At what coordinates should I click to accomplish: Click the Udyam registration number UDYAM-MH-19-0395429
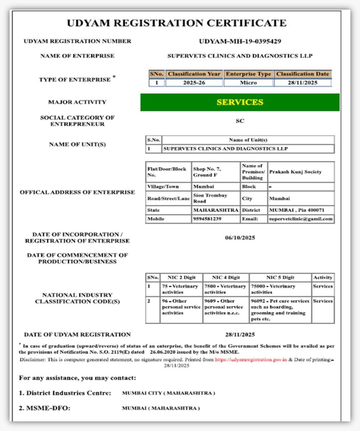(240, 41)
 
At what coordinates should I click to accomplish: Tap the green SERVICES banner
(240, 102)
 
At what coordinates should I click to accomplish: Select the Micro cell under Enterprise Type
(248, 82)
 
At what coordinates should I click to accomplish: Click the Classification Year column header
(194, 74)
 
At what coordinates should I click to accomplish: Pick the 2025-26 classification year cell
(194, 82)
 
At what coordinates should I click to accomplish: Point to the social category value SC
(240, 121)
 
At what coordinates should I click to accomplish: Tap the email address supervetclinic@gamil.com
(301, 219)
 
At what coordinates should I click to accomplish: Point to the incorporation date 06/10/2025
(240, 238)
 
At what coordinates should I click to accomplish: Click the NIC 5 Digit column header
(280, 277)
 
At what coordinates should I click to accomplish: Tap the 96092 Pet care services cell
(280, 310)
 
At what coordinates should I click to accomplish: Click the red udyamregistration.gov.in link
(251, 360)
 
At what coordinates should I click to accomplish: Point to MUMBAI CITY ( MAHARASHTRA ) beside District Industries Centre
(168, 393)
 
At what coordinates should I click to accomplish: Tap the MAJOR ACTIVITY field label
(77, 102)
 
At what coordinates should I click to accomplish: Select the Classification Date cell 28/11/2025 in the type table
(302, 82)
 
